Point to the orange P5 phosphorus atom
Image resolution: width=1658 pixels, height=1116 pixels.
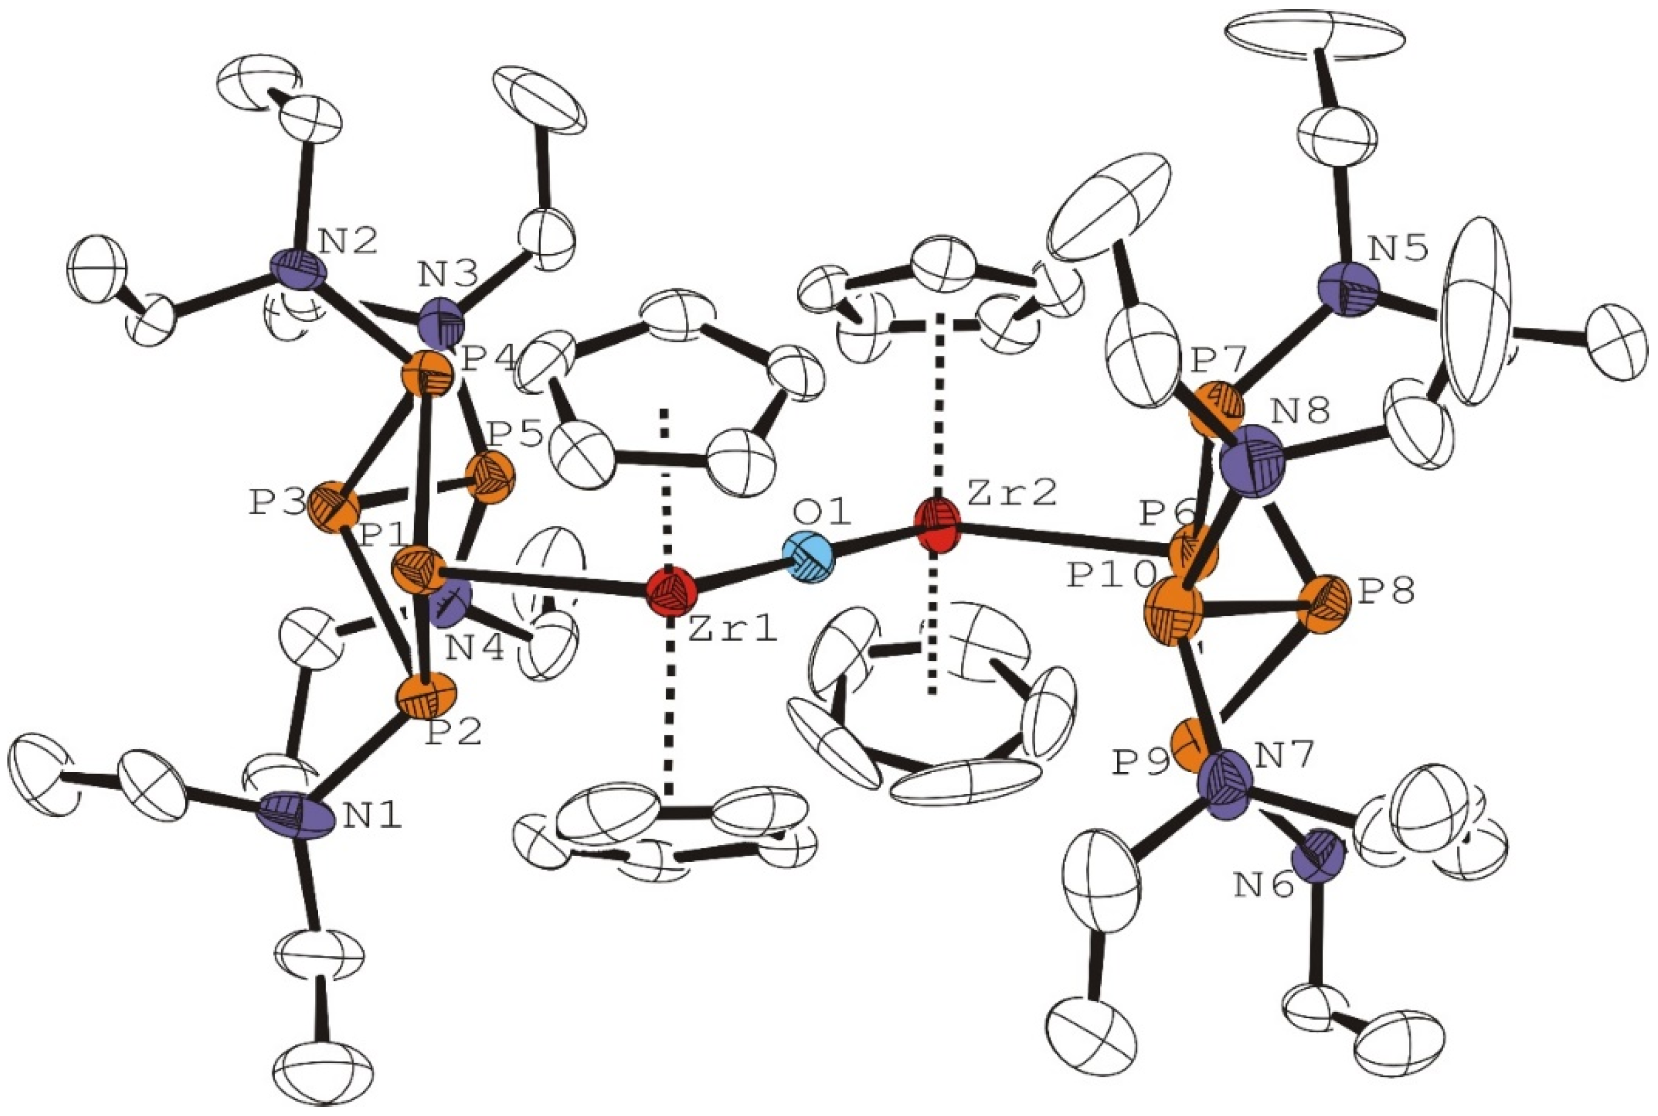tap(489, 477)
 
